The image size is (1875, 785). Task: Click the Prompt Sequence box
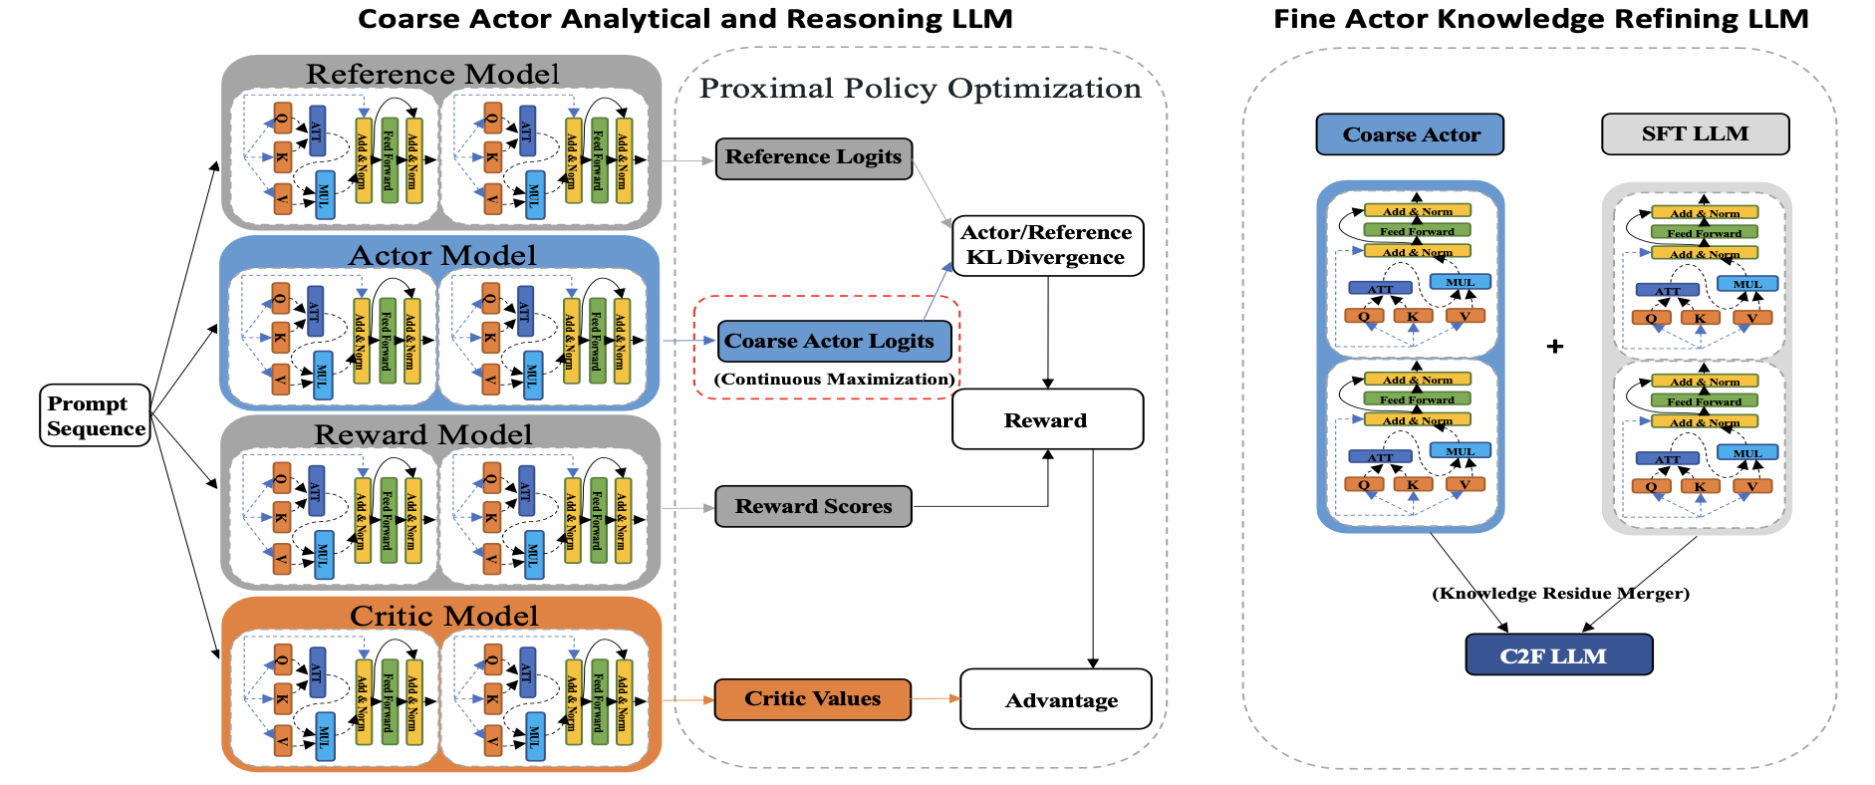[x=96, y=415]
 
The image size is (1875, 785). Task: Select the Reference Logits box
[x=813, y=157]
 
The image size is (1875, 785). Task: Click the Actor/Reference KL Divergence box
[x=1046, y=245]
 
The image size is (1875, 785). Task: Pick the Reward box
[x=1046, y=419]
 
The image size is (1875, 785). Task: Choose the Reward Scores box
[x=813, y=506]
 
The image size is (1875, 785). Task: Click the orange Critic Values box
[x=812, y=698]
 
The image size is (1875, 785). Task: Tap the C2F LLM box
[x=1558, y=655]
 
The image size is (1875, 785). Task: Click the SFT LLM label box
[x=1695, y=133]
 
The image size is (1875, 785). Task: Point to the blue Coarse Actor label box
[x=1410, y=134]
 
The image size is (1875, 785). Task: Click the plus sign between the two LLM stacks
[x=1555, y=347]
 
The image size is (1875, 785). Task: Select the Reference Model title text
[x=432, y=74]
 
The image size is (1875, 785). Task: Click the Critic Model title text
[x=443, y=616]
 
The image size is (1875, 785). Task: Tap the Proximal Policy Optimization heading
[x=920, y=89]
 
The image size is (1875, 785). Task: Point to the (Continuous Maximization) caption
[x=834, y=380]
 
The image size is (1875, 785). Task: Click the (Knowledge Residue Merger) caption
[x=1560, y=594]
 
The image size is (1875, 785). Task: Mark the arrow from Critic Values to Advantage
[x=936, y=698]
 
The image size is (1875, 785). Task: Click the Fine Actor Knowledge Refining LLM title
[x=1540, y=19]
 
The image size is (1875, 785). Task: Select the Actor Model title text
[x=441, y=255]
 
